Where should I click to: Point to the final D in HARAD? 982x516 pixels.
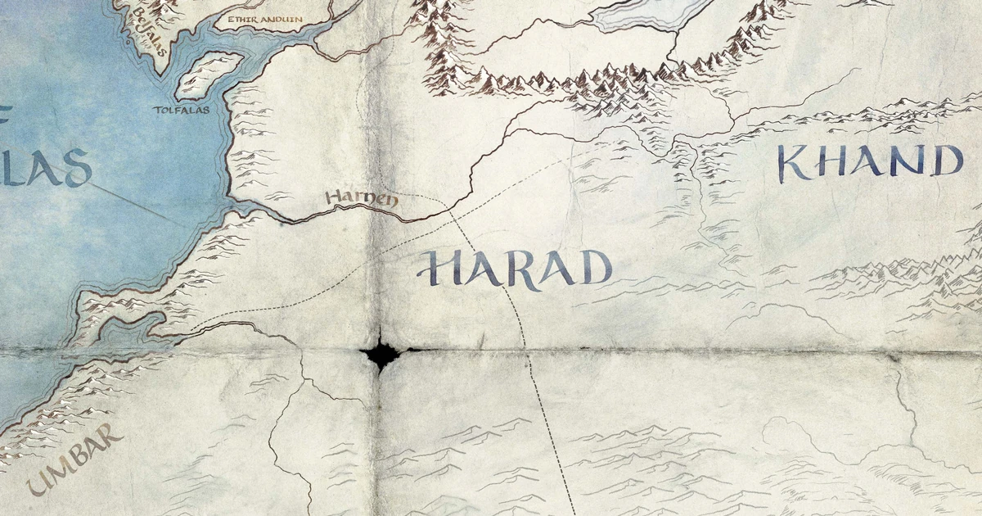(x=596, y=268)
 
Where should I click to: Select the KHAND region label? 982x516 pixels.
(x=869, y=162)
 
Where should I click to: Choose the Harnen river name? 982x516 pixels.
(x=360, y=198)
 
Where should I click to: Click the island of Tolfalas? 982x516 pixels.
(x=209, y=75)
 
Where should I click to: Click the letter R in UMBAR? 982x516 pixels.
(x=114, y=436)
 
